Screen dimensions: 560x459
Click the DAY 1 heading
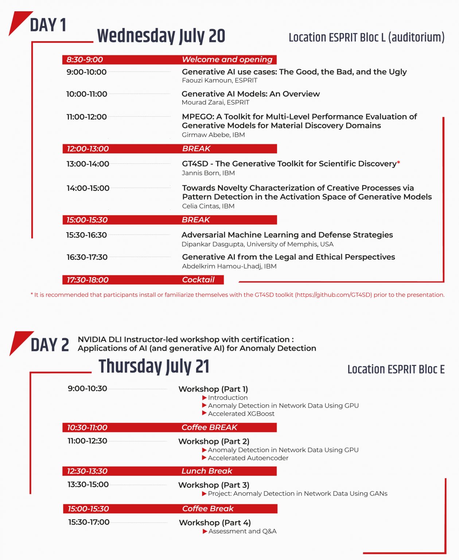pyautogui.click(x=48, y=25)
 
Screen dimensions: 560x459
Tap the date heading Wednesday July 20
pyautogui.click(x=161, y=36)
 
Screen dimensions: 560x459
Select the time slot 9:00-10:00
pyautogui.click(x=86, y=72)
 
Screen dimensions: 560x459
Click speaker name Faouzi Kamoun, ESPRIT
pyautogui.click(x=219, y=80)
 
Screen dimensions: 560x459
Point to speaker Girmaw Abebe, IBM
pyautogui.click(x=213, y=135)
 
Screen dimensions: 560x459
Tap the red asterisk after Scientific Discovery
pyautogui.click(x=398, y=163)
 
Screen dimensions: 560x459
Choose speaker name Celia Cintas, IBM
pyautogui.click(x=208, y=206)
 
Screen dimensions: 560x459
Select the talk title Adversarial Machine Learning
pyautogui.click(x=287, y=235)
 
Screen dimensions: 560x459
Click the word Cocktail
pyautogui.click(x=198, y=280)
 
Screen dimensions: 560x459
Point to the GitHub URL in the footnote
pyautogui.click(x=333, y=295)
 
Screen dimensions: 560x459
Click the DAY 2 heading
pyautogui.click(x=50, y=345)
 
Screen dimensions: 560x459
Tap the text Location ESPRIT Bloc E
pyautogui.click(x=396, y=369)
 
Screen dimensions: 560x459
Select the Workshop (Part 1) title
pyautogui.click(x=213, y=389)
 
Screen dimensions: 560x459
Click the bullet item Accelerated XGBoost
pyautogui.click(x=241, y=413)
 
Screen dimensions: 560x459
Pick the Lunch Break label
pyautogui.click(x=207, y=471)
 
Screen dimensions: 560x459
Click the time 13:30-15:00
pyautogui.click(x=88, y=485)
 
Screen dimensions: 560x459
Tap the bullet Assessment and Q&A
pyautogui.click(x=242, y=531)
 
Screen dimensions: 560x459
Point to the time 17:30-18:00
pyautogui.click(x=87, y=280)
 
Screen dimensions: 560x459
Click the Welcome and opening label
pyautogui.click(x=227, y=59)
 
